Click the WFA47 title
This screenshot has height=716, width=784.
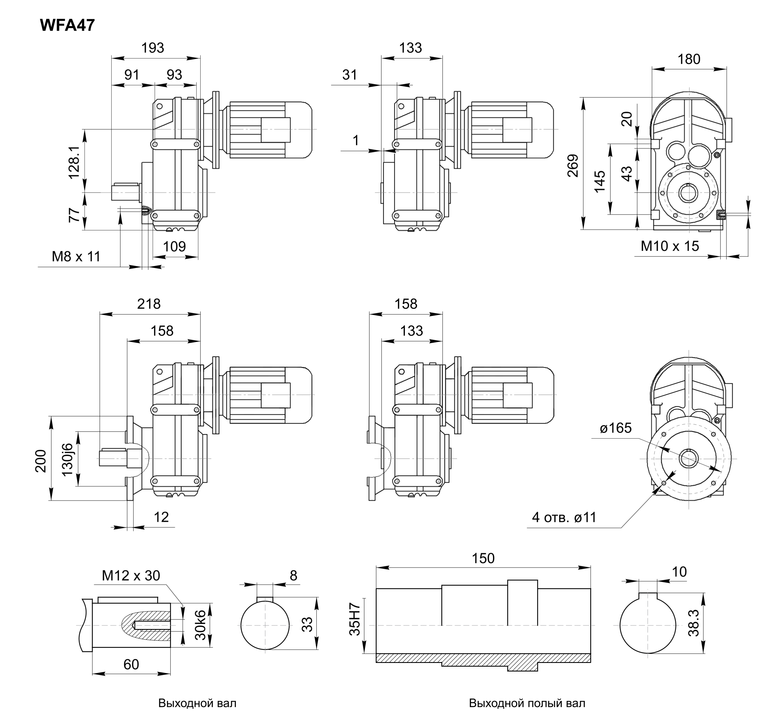click(x=67, y=26)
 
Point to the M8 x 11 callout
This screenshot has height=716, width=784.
click(x=76, y=257)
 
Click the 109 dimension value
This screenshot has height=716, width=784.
click(x=174, y=246)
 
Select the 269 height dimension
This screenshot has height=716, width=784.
click(x=572, y=166)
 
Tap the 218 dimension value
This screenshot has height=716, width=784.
click(x=149, y=304)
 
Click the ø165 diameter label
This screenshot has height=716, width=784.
click(x=616, y=428)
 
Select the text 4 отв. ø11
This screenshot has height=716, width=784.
click(x=564, y=518)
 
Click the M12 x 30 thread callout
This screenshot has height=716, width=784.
click(x=131, y=576)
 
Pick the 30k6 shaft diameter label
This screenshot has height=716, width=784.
click(x=200, y=625)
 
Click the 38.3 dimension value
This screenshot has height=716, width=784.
click(x=693, y=623)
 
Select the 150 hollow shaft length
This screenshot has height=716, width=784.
click(x=483, y=558)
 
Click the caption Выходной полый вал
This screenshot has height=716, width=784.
click(x=527, y=703)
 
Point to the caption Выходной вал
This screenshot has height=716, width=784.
click(x=197, y=703)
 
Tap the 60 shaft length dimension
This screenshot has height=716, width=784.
click(x=131, y=664)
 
